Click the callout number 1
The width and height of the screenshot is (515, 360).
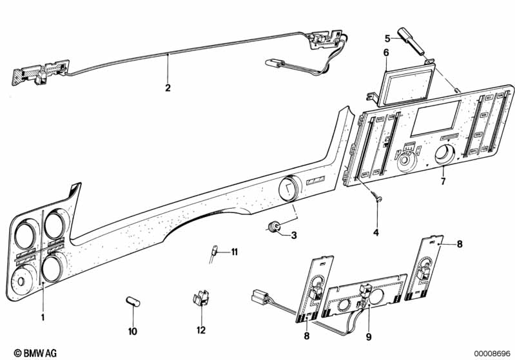point(43,317)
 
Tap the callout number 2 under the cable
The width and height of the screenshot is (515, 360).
point(168,88)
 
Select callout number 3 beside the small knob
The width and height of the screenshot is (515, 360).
point(293,236)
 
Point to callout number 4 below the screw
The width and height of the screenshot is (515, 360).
point(376,231)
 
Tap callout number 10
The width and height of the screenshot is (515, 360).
point(133,331)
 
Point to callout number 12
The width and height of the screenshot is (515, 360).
point(200,330)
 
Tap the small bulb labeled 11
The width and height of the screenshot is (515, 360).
point(215,251)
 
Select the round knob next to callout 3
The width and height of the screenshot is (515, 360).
point(275,227)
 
